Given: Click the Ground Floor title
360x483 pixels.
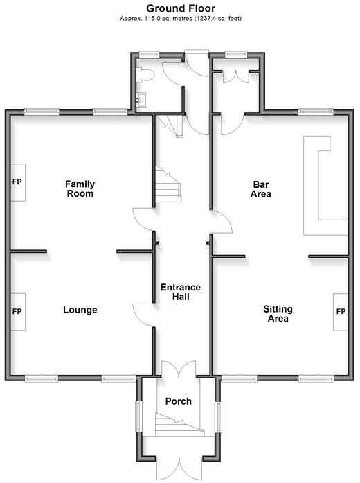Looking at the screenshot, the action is tap(181, 8).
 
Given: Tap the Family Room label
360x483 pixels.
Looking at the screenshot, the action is tap(80, 188).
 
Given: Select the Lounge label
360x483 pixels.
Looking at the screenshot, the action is tap(80, 310).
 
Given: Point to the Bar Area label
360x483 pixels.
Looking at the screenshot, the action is tap(260, 189).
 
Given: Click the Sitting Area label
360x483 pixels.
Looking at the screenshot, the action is tap(278, 314).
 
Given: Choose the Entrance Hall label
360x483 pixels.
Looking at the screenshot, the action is tap(181, 292).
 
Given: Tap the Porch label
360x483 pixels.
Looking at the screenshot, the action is tap(179, 401).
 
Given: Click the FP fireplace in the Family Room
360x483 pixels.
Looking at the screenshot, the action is tap(18, 182).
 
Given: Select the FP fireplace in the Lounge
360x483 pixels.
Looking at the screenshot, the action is tap(18, 312).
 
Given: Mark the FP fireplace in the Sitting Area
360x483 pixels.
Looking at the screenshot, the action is tap(341, 312).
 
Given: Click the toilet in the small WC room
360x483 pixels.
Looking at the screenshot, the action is tap(145, 75).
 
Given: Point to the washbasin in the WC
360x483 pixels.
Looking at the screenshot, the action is tap(142, 100).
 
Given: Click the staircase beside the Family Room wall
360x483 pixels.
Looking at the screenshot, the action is tap(168, 184).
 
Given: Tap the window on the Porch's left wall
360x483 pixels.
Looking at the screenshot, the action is tap(138, 416).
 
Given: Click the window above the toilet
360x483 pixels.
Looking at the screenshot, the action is tap(149, 54).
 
